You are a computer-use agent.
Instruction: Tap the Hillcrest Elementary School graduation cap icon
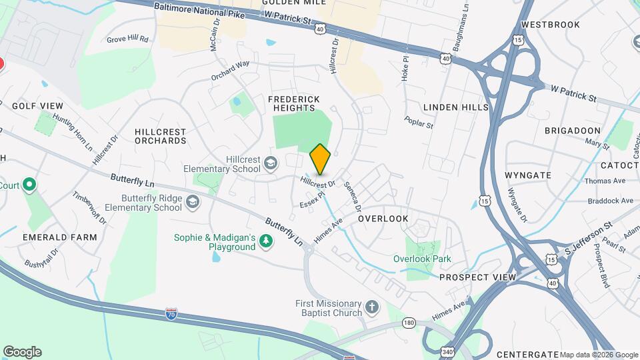[x=271, y=163]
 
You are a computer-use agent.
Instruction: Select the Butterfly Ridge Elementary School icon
[x=192, y=202]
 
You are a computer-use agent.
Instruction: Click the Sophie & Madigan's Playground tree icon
[x=266, y=241]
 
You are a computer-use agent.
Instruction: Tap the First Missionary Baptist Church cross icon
[x=372, y=308]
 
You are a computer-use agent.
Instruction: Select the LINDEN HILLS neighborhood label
[x=456, y=107]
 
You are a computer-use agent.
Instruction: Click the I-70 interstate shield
[x=171, y=313]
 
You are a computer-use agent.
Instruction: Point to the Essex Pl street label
[x=311, y=199]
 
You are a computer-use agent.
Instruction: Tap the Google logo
[x=22, y=351]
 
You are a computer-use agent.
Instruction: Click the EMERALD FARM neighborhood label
[x=59, y=237]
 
